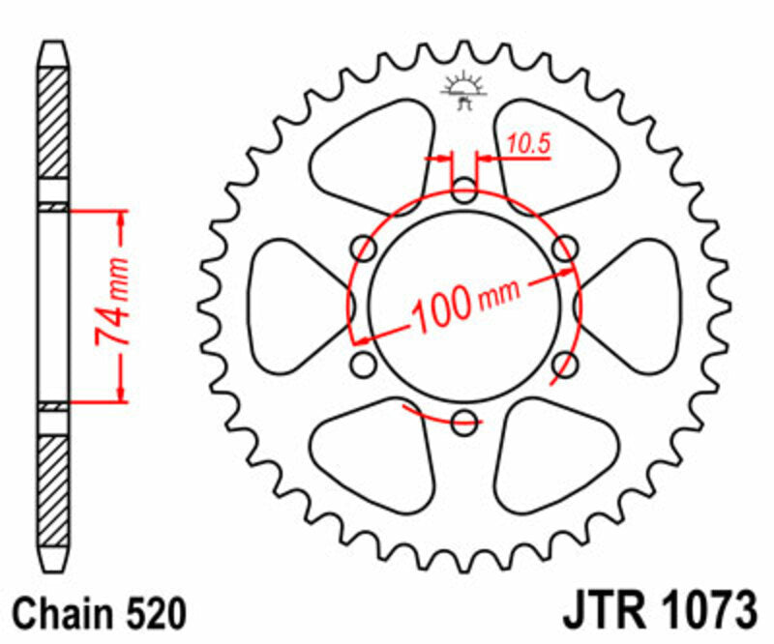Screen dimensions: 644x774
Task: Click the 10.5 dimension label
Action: pos(528,145)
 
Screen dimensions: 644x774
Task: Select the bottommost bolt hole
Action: pos(463,421)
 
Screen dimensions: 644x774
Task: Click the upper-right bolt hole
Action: pos(564,248)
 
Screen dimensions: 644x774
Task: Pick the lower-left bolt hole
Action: pos(364,364)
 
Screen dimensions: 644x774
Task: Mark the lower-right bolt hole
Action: pos(564,364)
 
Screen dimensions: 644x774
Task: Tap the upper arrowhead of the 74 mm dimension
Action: pos(121,219)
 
